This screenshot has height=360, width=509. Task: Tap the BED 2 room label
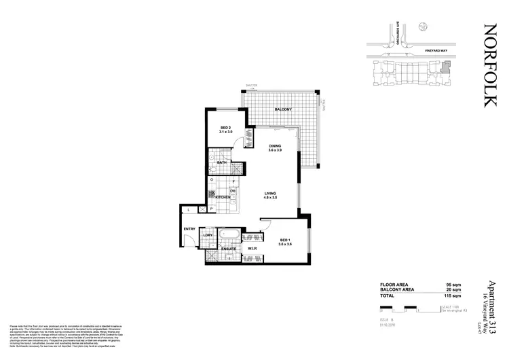[227, 128]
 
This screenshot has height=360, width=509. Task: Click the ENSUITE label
[229, 249]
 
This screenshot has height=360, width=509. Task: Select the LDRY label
[208, 236]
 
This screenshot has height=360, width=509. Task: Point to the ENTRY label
[189, 229]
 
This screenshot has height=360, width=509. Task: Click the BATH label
[222, 163]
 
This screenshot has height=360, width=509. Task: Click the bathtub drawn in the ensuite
[229, 238]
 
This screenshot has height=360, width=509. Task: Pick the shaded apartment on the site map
[445, 67]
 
